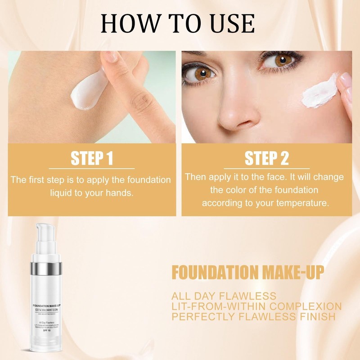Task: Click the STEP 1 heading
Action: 92,158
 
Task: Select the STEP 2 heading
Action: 266,158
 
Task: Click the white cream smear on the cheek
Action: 319,92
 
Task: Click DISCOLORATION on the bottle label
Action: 46,310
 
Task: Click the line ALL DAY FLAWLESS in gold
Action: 224,296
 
